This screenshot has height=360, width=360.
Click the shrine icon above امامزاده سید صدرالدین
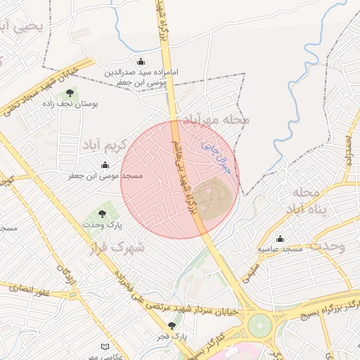coord(141,60)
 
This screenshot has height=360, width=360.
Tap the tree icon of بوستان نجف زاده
coord(69,92)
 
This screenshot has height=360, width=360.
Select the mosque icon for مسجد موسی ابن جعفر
coord(105,165)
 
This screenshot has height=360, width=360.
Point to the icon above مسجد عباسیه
coord(280,239)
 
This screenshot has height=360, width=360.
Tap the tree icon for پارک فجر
coord(172,326)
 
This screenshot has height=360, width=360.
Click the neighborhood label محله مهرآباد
coord(216,120)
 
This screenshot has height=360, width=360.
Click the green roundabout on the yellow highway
coord(259,326)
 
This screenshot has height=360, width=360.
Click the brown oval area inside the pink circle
coord(212,198)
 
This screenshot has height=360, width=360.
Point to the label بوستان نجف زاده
coord(72,103)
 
